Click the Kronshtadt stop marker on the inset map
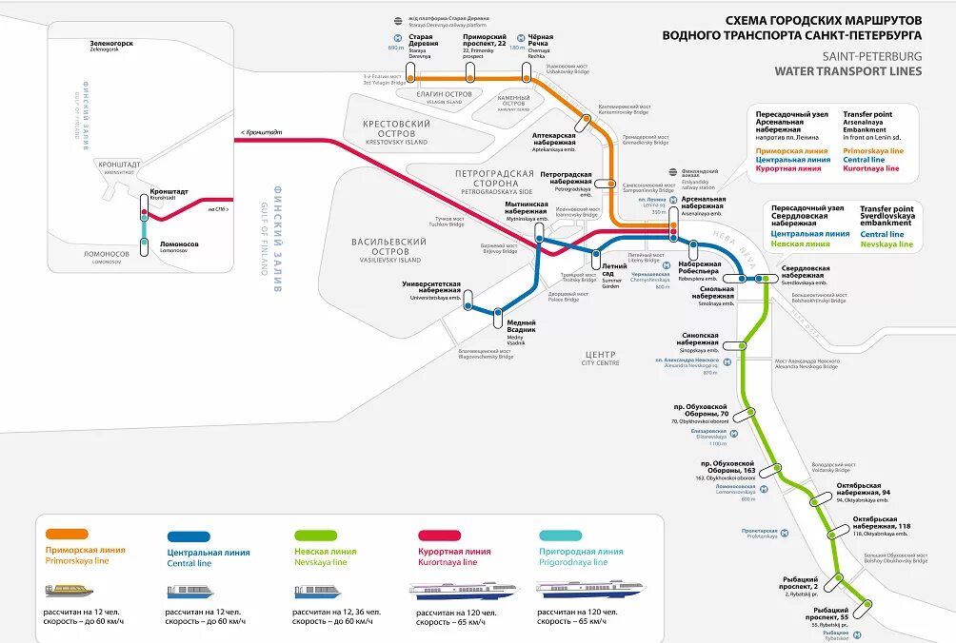(x=144, y=205)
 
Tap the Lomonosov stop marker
(x=144, y=246)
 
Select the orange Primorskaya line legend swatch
(x=68, y=536)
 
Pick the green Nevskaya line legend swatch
(x=318, y=536)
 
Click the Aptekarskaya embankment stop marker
(x=583, y=122)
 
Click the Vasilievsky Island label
(x=388, y=250)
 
